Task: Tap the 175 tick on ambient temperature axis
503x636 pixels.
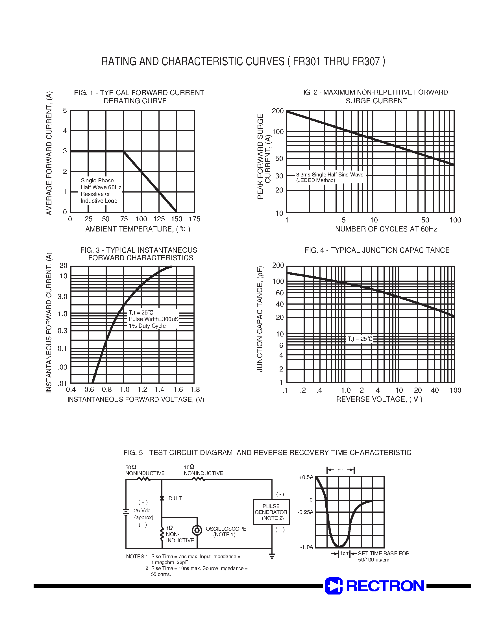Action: pyautogui.click(x=194, y=219)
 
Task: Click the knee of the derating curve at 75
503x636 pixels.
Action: pyautogui.click(x=124, y=151)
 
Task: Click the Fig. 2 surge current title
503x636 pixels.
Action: pyautogui.click(x=373, y=97)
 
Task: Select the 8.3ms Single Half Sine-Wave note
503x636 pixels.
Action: pyautogui.click(x=330, y=175)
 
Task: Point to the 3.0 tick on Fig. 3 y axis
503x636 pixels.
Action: pyautogui.click(x=62, y=297)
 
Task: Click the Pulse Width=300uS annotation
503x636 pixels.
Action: pyautogui.click(x=153, y=319)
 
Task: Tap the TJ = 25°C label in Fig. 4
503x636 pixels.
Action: pyautogui.click(x=360, y=339)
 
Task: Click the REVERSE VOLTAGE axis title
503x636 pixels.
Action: pyautogui.click(x=379, y=399)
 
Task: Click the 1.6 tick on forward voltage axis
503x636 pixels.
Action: pyautogui.click(x=178, y=390)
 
